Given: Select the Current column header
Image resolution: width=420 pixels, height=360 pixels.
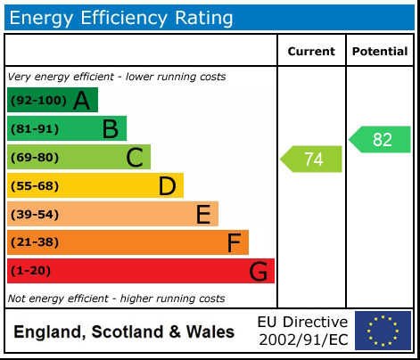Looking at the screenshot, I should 311,52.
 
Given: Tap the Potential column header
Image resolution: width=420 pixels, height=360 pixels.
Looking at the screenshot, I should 380,52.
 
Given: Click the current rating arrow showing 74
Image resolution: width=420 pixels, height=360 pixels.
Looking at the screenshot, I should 312,160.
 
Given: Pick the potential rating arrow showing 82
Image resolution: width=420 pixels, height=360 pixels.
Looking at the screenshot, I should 381,140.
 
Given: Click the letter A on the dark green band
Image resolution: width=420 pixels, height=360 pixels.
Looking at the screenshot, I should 81,101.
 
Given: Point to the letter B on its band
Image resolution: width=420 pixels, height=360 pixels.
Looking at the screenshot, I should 110,129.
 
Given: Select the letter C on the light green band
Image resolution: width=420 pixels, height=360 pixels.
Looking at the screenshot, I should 135,158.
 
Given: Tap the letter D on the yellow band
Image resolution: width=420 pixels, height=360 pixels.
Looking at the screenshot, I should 167,186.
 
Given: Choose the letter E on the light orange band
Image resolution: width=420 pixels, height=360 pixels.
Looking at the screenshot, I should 203,215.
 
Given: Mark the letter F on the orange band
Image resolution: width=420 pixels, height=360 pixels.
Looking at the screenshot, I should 234,242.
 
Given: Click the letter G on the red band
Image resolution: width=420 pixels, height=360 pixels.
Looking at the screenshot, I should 258,271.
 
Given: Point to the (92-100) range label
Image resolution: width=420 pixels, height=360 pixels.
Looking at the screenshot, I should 38,101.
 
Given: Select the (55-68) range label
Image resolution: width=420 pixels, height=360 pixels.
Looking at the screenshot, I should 35,186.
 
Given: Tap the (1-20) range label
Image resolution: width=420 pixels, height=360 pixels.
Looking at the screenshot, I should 32,271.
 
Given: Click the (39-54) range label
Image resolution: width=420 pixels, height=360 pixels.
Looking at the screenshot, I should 35,215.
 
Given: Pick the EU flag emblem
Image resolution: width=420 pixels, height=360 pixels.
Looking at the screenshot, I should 383,331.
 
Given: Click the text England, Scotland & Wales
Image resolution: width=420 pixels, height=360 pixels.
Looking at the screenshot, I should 124,332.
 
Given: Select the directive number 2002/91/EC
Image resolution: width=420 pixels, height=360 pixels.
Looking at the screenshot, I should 302,340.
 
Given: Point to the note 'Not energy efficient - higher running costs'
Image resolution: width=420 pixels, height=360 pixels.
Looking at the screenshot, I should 116,299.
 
